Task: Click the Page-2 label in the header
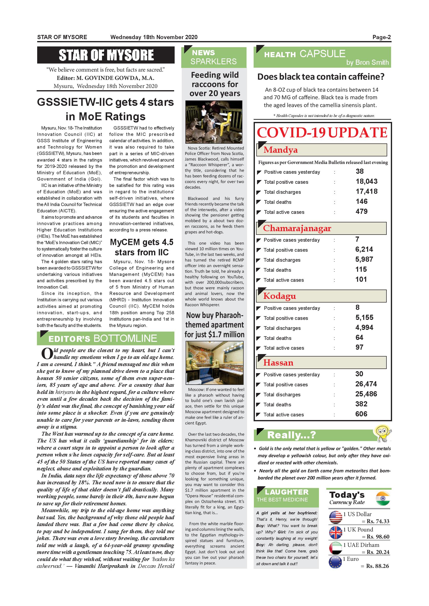[382, 37]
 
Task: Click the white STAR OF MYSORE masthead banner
[106, 55]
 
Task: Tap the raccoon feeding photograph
[214, 122]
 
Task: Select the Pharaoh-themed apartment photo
[214, 363]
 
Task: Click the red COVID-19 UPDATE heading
[322, 133]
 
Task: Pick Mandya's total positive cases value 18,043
[366, 182]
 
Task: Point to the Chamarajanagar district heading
[297, 228]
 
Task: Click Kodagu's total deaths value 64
[359, 337]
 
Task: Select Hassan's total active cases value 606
[361, 414]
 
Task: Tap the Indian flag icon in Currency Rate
[383, 498]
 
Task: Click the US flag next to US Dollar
[336, 518]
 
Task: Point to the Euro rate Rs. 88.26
[378, 566]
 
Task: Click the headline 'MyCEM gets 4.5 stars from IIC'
[142, 247]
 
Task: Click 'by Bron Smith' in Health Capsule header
[367, 63]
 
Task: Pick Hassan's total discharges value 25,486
[366, 394]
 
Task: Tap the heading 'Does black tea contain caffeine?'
[321, 77]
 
